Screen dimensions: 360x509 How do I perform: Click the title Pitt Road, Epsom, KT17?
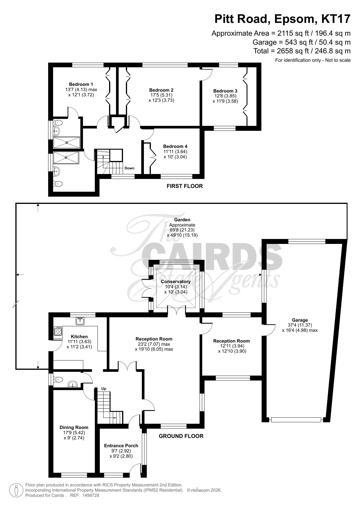pos(282,19)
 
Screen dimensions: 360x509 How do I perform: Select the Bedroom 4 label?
pos(175,146)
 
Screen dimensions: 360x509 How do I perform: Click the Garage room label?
pos(300,320)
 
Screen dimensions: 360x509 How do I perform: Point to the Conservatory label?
pos(176,282)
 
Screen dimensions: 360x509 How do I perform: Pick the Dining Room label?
pos(74,428)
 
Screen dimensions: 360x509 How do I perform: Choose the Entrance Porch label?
pos(121,446)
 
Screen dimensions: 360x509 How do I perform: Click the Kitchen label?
pos(79,337)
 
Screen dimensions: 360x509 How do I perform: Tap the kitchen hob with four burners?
pos(58,332)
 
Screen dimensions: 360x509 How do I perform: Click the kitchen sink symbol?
pos(80,321)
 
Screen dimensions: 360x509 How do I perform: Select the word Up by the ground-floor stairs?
pos(104,389)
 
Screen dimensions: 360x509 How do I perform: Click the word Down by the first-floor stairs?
pos(129,168)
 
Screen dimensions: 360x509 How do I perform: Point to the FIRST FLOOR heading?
pos(184,186)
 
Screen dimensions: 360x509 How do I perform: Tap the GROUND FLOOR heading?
pos(181,436)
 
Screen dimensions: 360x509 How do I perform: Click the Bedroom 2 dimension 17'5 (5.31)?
pos(161,95)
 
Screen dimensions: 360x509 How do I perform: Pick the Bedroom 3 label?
pos(225,91)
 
